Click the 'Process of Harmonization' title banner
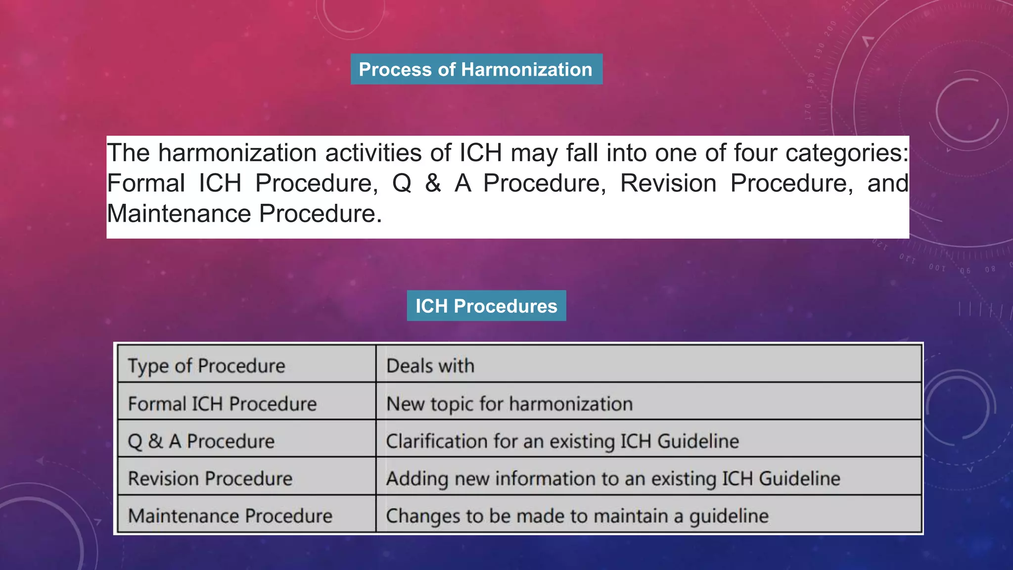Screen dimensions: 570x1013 (476, 69)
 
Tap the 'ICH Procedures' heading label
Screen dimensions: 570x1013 (486, 306)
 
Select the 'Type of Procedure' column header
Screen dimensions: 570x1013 (207, 366)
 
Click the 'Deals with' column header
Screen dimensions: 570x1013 (430, 366)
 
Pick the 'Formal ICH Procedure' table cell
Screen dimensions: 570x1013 (222, 404)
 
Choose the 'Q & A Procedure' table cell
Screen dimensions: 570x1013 (201, 441)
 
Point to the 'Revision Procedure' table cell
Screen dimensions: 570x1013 (210, 478)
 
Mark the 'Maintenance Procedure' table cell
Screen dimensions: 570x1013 (230, 516)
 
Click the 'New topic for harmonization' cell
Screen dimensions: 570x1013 (509, 404)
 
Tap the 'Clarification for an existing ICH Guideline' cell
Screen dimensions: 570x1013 (562, 441)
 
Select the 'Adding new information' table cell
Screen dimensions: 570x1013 (613, 478)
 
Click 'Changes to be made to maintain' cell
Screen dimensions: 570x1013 (577, 516)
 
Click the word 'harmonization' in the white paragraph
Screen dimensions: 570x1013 (237, 153)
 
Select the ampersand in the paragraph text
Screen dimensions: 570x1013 (433, 184)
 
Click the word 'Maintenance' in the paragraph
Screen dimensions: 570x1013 (179, 214)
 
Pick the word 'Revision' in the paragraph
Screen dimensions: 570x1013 (668, 184)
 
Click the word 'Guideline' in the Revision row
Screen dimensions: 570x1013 (799, 478)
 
